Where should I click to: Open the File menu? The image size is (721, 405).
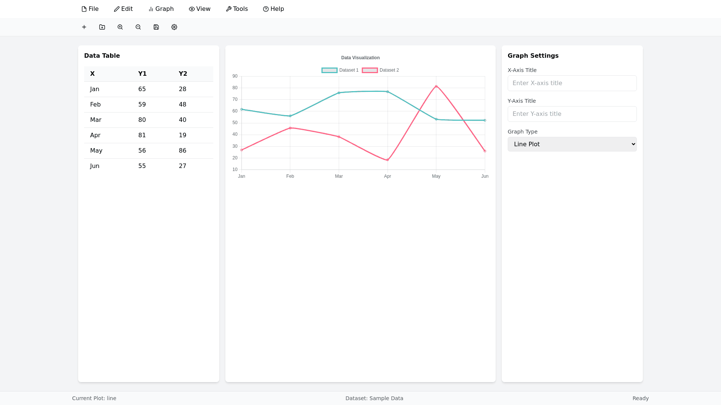tap(90, 9)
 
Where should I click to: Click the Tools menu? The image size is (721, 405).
tap(237, 9)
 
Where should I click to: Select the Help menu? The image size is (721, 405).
tap(273, 9)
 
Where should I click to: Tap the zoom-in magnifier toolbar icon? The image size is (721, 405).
tap(120, 27)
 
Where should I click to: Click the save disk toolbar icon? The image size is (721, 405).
tap(156, 27)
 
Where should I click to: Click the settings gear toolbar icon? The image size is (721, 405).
tap(174, 27)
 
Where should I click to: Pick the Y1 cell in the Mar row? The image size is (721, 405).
tap(142, 120)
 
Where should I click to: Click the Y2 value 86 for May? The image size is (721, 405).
tap(183, 151)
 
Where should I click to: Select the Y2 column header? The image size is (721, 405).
tap(183, 74)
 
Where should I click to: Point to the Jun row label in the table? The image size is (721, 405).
tap(95, 166)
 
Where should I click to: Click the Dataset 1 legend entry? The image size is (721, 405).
tap(340, 70)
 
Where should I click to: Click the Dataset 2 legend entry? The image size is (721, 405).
tap(380, 70)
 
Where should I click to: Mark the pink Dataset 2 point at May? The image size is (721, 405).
tap(436, 86)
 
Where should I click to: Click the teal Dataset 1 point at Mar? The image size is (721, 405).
tap(339, 93)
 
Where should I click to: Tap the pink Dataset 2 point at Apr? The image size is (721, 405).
tap(388, 160)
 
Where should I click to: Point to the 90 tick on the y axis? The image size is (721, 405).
tap(235, 76)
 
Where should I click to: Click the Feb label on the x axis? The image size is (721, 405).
tap(290, 176)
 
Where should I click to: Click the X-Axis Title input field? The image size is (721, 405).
tap(572, 83)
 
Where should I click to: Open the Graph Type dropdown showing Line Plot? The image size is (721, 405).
tap(572, 144)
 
